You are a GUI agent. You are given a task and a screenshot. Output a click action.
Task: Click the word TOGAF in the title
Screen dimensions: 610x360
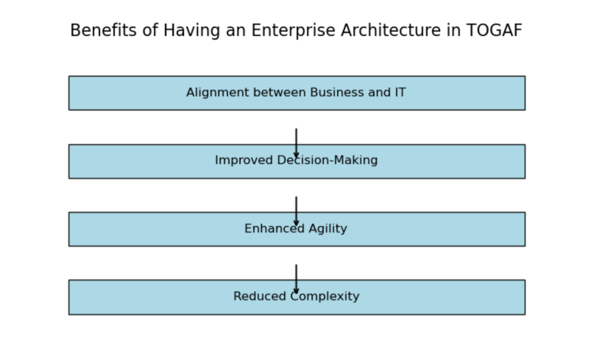pos(494,30)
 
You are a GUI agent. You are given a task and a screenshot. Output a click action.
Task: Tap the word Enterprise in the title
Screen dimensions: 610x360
pos(293,31)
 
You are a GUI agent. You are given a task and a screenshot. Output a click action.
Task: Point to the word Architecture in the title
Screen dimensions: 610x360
pos(391,30)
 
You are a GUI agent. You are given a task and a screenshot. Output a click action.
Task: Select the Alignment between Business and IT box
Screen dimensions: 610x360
pos(297,93)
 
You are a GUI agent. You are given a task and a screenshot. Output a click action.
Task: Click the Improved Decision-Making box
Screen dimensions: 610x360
pos(297,162)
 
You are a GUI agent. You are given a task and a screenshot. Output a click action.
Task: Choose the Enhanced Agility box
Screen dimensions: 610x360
pos(297,229)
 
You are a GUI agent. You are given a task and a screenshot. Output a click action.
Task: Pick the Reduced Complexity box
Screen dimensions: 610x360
pos(297,297)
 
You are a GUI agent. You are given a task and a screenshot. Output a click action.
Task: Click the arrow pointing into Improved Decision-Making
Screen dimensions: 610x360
pos(296,143)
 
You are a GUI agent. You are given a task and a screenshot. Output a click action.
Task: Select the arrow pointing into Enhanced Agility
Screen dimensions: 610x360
pos(296,211)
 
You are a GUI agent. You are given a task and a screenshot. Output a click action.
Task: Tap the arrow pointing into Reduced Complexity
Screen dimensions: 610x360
pos(296,279)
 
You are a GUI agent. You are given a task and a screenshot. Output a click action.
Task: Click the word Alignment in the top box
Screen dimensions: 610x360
pos(217,93)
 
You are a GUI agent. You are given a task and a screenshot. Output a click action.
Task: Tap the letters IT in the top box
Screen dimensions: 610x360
pos(400,92)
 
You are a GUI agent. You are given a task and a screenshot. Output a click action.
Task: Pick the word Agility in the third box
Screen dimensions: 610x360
pos(322,229)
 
